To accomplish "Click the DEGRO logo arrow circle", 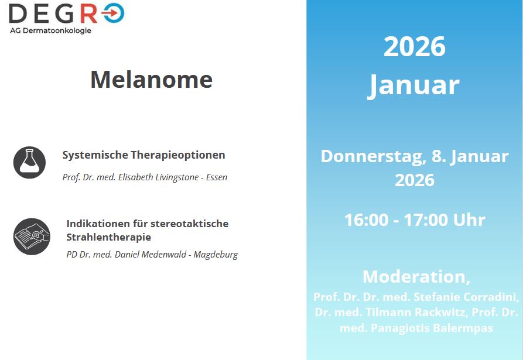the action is [x=114, y=13].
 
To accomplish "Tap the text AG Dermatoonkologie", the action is [x=50, y=30].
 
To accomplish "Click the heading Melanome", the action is [x=152, y=80].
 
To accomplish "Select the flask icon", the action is [x=29, y=162].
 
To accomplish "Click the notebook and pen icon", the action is [x=32, y=236].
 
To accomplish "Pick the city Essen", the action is [x=217, y=177].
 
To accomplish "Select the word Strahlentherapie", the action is [x=108, y=237].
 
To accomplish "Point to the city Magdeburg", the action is [x=216, y=255].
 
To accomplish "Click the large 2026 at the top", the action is [x=415, y=46].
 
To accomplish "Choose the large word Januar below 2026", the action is [x=414, y=85].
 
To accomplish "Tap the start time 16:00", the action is [x=367, y=220].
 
